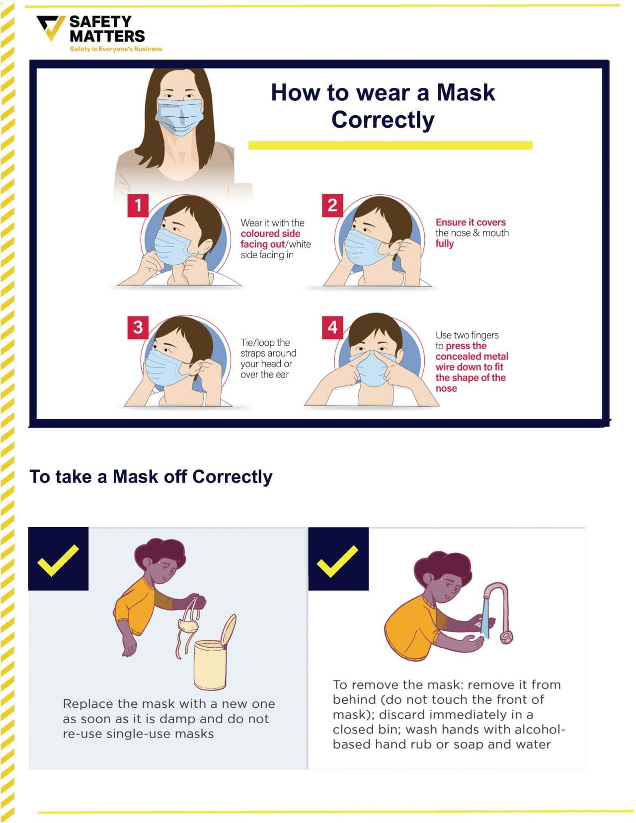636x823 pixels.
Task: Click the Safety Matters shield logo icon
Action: [x=51, y=28]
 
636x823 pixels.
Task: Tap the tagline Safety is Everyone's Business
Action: [x=116, y=49]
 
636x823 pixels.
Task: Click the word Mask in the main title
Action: [x=466, y=92]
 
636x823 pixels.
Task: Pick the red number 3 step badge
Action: [x=138, y=327]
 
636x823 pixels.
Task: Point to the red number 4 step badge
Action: [x=332, y=327]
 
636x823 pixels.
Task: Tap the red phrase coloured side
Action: [x=270, y=233]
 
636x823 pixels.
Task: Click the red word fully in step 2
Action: [x=444, y=243]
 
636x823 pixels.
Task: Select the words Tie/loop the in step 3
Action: [x=265, y=342]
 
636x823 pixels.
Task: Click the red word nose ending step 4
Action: [x=446, y=388]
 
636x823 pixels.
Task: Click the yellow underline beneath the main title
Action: [x=390, y=145]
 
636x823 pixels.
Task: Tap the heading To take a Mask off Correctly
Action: [x=151, y=476]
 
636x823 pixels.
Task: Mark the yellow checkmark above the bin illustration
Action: [x=58, y=560]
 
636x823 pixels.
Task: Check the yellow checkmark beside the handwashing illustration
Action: [x=338, y=560]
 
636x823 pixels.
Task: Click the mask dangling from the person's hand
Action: [x=189, y=626]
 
